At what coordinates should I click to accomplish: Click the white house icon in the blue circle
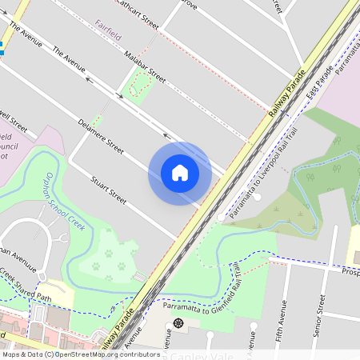[179, 173]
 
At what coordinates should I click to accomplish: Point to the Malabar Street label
[145, 67]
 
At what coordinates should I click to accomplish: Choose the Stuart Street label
[109, 188]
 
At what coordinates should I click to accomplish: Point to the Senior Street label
[320, 314]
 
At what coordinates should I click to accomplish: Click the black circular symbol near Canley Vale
[178, 322]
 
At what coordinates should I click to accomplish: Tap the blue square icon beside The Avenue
[2, 50]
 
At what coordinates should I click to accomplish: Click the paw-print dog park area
[108, 261]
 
